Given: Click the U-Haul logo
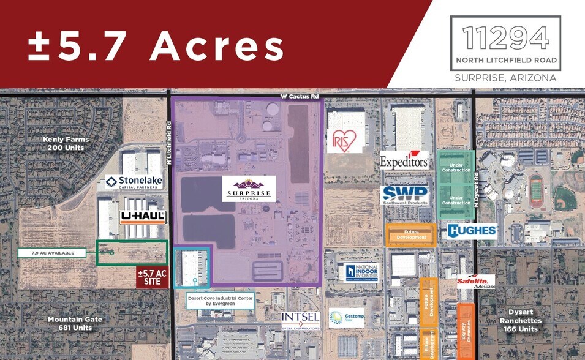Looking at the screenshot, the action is (x=143, y=217).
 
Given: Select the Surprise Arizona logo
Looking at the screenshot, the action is (x=249, y=189).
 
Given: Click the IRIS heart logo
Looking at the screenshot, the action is (x=340, y=141).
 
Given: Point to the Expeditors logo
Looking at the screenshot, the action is (x=404, y=161).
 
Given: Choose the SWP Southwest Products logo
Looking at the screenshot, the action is (x=404, y=195).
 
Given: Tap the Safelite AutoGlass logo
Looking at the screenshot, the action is (x=475, y=282).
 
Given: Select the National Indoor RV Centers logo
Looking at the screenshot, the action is (x=358, y=272).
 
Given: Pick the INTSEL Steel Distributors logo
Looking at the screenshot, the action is (x=300, y=320).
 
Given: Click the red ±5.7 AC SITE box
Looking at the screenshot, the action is (x=153, y=277).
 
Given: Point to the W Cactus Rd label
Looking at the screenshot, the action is (x=300, y=97).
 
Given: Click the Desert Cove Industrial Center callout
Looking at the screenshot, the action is (x=221, y=301).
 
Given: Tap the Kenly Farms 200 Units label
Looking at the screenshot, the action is (x=66, y=143).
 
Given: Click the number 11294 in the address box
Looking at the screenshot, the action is (x=505, y=39).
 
